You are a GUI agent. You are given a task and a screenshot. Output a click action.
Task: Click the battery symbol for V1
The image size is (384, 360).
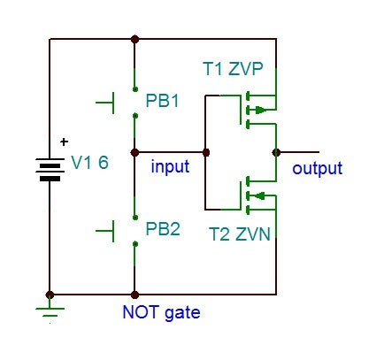click(x=50, y=167)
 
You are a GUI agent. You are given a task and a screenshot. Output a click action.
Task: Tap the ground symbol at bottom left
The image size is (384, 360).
click(x=50, y=310)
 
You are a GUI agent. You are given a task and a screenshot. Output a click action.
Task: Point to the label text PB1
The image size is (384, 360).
click(x=163, y=101)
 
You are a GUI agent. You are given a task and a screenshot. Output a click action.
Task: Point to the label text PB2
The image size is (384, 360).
click(x=163, y=229)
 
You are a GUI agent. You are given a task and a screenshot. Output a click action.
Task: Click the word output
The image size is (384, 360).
click(x=317, y=168)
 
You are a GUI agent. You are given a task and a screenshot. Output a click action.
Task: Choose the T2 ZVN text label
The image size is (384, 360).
click(x=240, y=234)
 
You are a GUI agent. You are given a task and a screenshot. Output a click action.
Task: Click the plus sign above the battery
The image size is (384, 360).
click(x=63, y=141)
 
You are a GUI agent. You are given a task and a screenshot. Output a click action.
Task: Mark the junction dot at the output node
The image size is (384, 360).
click(x=277, y=152)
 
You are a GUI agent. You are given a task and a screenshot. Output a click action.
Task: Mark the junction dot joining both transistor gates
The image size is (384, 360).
click(x=206, y=152)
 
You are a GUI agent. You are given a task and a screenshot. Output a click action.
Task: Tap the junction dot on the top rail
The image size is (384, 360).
click(x=134, y=39)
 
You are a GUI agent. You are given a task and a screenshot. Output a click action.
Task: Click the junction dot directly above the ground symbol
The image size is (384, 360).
click(x=50, y=295)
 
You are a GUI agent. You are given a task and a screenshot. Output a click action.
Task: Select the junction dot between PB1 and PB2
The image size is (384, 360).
click(x=134, y=152)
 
